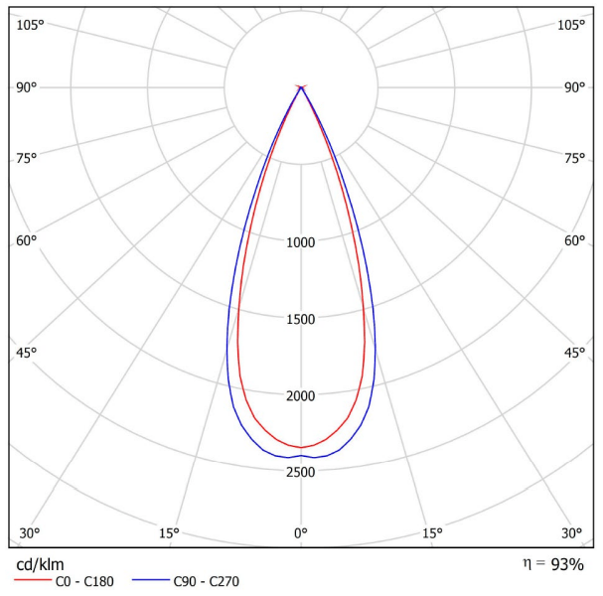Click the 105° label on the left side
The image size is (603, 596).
[x=30, y=25]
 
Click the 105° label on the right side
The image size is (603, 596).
[x=571, y=25]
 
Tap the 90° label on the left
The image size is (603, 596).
[x=26, y=87]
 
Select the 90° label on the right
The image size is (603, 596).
[x=574, y=87]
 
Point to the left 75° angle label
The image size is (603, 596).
[x=26, y=158]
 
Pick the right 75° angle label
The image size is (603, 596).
[x=574, y=158]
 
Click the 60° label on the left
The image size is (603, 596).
[x=26, y=240]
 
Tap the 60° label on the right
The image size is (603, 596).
[x=574, y=240]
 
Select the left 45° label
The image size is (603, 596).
[x=26, y=353]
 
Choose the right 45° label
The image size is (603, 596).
[x=574, y=353]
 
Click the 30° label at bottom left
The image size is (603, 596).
[x=29, y=533]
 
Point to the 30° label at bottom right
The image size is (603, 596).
[x=571, y=533]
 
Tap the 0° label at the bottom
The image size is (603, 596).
[x=301, y=533]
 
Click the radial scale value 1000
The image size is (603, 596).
[x=301, y=242]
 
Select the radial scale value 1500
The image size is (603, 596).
[x=301, y=319]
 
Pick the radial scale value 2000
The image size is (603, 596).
[x=301, y=395]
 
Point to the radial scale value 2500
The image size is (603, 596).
[x=301, y=472]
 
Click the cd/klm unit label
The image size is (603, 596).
[x=40, y=565]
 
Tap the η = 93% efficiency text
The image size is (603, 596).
[x=553, y=564]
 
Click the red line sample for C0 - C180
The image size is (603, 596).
[x=33, y=579]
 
